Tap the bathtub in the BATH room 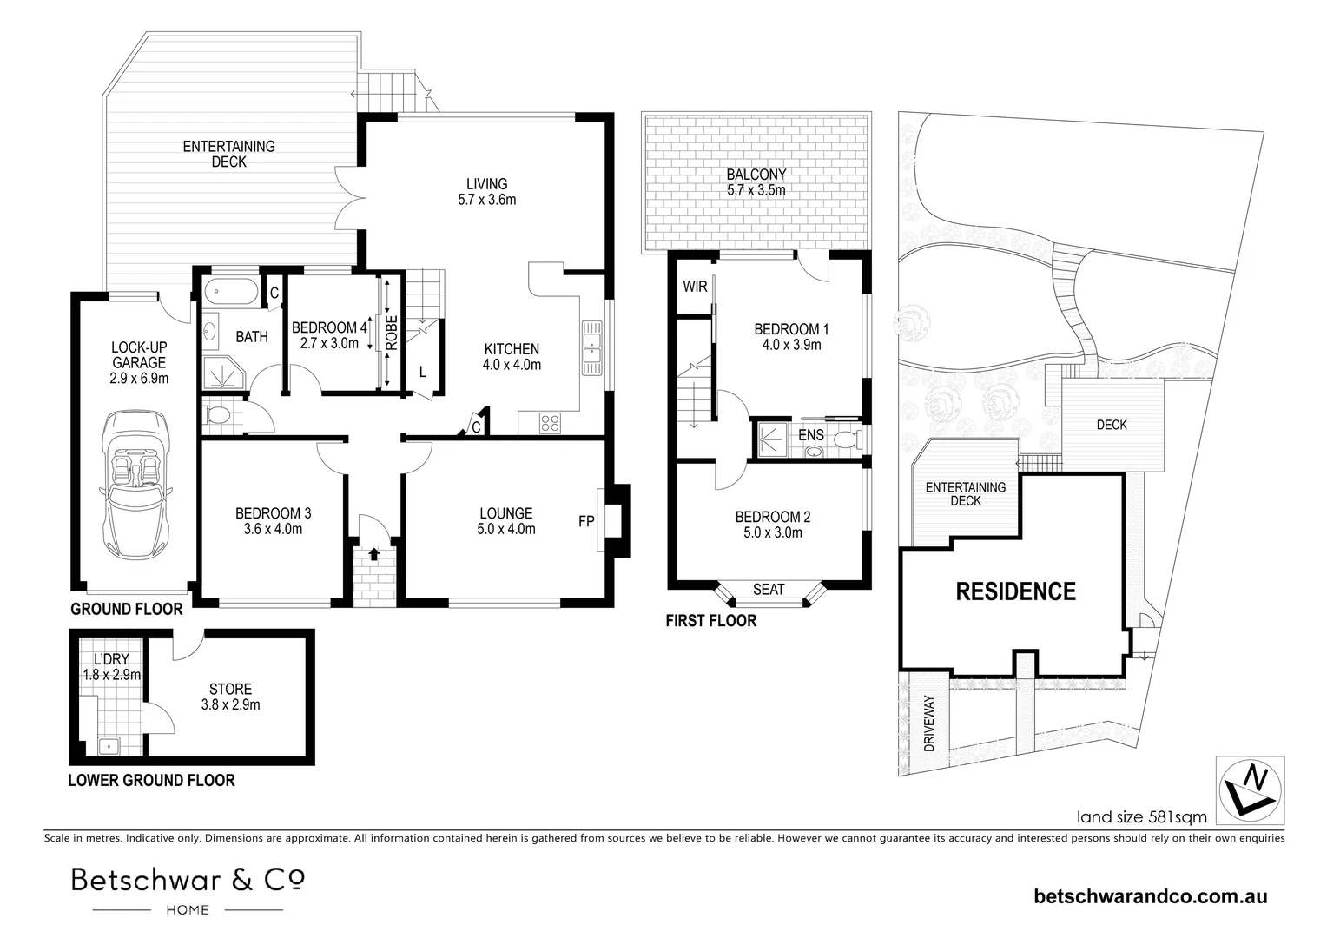pos(231,292)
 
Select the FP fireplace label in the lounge pos(586,521)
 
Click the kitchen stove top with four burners pos(550,423)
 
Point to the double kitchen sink pos(592,347)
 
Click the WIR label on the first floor pos(695,287)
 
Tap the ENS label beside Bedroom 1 pos(811,435)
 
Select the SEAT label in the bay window pos(769,590)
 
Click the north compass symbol pos(1251,791)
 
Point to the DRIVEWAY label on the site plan pos(929,723)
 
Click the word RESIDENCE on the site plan pos(1016,591)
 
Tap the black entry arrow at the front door pos(373,553)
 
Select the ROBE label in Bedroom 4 pos(392,333)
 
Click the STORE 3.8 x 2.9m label pos(230,697)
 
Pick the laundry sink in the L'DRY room pos(109,745)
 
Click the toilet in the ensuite pos(847,439)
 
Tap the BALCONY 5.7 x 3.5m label pos(756,182)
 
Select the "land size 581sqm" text pos(1141,817)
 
